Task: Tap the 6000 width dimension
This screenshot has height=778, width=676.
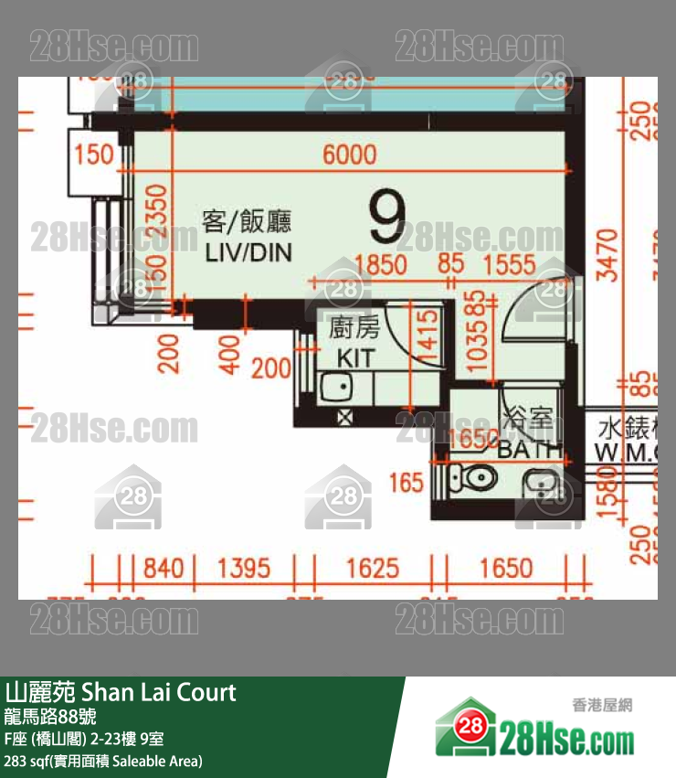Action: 350,154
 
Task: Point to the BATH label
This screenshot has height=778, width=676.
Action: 530,449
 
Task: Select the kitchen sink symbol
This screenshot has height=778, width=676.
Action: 335,388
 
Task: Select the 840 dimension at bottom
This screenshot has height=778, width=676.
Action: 164,568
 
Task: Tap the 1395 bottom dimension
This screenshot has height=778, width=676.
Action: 243,568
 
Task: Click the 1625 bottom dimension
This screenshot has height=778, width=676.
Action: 372,568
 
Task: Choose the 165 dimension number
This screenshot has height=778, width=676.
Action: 407,482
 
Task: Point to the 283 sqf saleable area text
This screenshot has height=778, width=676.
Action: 102,761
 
